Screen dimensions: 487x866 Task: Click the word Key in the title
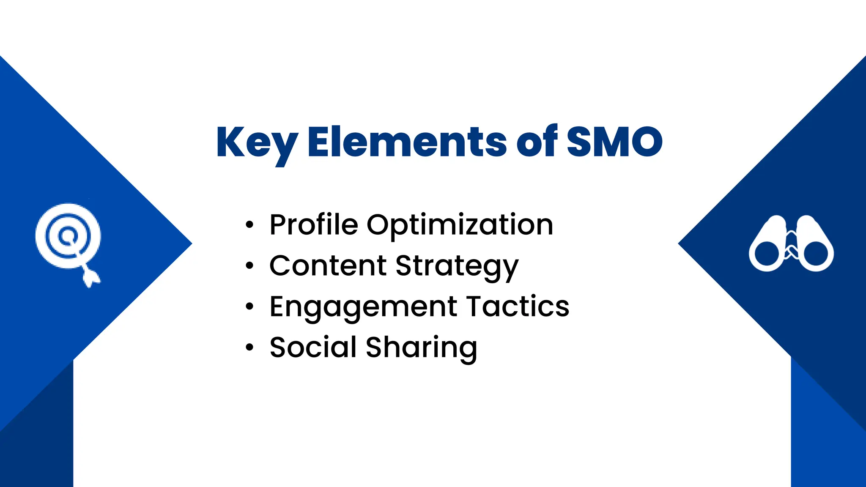click(257, 143)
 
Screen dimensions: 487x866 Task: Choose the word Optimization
click(460, 225)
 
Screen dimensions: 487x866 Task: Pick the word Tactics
click(518, 306)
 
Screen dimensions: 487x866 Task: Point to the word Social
click(313, 347)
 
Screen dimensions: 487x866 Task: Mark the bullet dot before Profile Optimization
click(249, 225)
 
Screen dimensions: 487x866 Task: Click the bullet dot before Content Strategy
click(249, 266)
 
